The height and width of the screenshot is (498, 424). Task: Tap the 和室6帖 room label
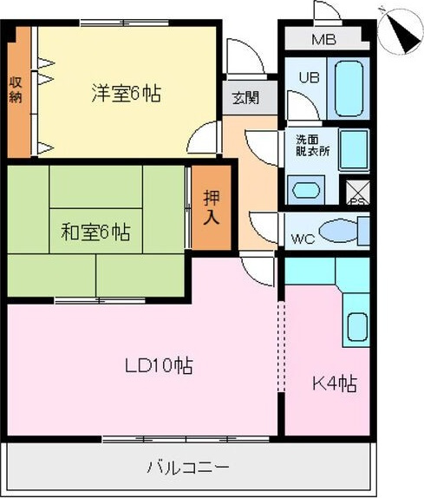click(x=95, y=233)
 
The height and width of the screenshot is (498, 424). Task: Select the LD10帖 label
click(x=158, y=365)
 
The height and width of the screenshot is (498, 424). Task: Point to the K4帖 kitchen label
click(x=335, y=383)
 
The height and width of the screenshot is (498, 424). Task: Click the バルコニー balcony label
click(x=188, y=469)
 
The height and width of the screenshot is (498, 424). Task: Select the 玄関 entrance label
click(x=243, y=97)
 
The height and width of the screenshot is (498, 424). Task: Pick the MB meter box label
click(x=323, y=40)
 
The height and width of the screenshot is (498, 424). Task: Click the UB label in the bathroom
click(x=309, y=76)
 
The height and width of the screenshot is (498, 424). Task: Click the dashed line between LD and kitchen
click(x=280, y=347)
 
